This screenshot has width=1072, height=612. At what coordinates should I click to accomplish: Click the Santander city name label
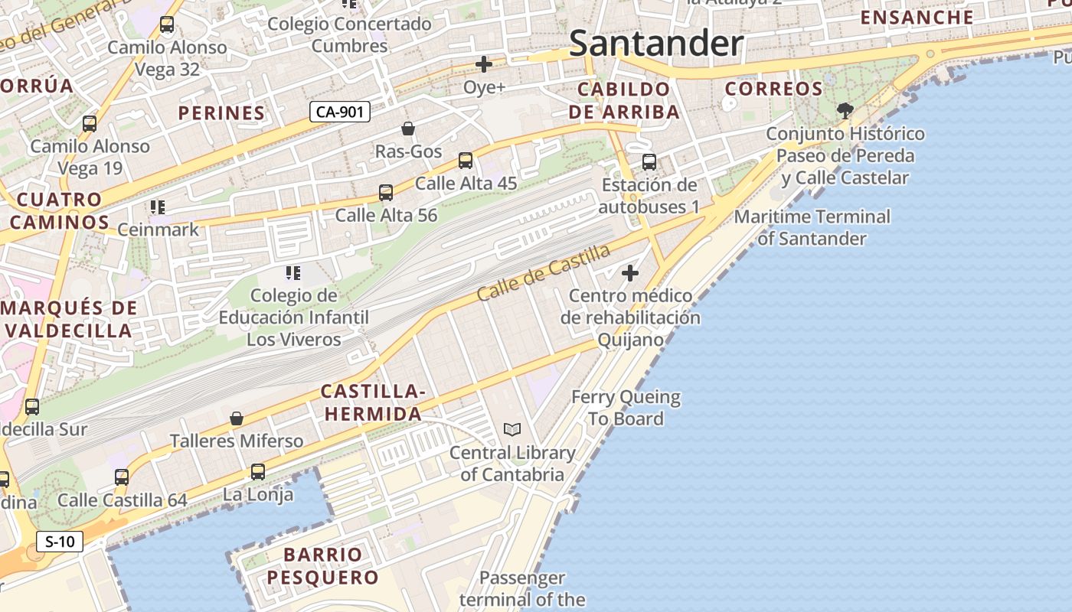pos(656,44)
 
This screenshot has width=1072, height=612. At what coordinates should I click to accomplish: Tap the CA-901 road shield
pos(340,112)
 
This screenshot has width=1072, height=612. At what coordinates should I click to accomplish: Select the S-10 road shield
pos(60,542)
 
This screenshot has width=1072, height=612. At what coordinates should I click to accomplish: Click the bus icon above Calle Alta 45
pos(466,161)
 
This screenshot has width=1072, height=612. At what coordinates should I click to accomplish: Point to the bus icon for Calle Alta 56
pos(386,193)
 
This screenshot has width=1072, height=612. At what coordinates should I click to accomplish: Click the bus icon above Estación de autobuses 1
pos(649,162)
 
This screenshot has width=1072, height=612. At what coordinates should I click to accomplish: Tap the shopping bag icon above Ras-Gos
pos(408,129)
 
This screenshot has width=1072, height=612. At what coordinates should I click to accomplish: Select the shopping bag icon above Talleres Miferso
pos(237,418)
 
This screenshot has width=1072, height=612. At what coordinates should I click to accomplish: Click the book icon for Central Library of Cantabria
pos(512,430)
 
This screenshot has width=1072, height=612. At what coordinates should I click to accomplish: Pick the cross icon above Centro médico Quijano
pos(630,273)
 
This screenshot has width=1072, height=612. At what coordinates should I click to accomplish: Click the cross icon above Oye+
pos(484,64)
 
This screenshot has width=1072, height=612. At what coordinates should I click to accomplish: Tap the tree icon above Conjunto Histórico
pos(845,111)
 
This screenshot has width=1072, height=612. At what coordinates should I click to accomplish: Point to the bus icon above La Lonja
pos(258,472)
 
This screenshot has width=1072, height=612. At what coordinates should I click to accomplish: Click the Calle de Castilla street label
pos(544,272)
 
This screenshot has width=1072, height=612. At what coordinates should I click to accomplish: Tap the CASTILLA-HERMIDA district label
pos(373,402)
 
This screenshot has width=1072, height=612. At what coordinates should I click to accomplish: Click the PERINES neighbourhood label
pos(222,113)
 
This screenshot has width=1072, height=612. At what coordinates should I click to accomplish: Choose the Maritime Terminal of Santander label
pos(812,227)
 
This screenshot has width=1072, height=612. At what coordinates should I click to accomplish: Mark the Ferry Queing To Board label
pos(626,408)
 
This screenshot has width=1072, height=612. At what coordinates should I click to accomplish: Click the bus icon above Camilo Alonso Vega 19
pos(90,124)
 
